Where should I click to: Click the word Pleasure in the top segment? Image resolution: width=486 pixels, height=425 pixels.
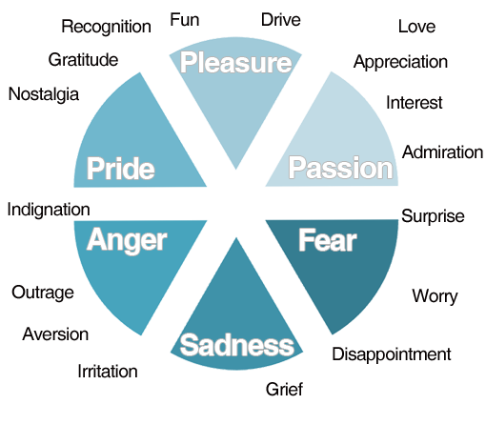[235, 63]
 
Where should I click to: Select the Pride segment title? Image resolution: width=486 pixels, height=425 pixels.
[121, 169]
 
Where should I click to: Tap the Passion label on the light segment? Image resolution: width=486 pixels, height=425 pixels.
[340, 169]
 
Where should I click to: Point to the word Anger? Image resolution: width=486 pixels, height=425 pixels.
[127, 241]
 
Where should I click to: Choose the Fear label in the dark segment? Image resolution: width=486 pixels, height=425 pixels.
[328, 240]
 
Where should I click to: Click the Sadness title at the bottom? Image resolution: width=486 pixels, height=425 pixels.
[237, 345]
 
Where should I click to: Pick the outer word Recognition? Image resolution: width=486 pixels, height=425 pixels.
[106, 27]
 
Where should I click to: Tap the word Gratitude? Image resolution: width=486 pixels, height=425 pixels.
[83, 60]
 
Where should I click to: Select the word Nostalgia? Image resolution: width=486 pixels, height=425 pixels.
[44, 95]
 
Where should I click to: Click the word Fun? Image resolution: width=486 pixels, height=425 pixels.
[185, 20]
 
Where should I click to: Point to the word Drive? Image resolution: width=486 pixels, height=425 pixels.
[281, 20]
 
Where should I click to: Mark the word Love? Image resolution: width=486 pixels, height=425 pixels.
[416, 27]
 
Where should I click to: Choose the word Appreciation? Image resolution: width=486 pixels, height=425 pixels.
[400, 62]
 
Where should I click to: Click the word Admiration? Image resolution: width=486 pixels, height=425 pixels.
[442, 152]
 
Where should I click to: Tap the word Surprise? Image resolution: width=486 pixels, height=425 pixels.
[433, 216]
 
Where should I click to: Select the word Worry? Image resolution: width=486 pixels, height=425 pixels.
[435, 296]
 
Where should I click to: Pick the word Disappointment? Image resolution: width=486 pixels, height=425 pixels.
[392, 354]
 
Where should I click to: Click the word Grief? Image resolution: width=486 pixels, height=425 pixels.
[284, 389]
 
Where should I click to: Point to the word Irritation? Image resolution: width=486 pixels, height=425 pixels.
[108, 371]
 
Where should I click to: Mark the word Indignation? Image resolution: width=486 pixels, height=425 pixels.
[49, 211]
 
